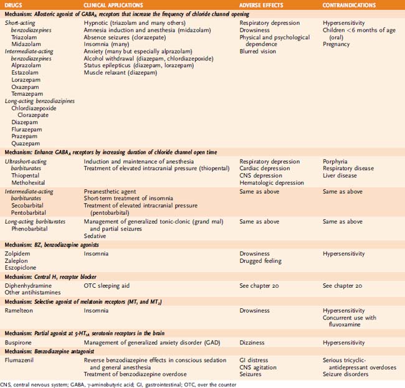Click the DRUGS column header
coord(14,4)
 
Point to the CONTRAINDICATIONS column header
coord(349,4)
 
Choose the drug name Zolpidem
coord(17,254)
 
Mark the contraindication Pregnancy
coord(337,44)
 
